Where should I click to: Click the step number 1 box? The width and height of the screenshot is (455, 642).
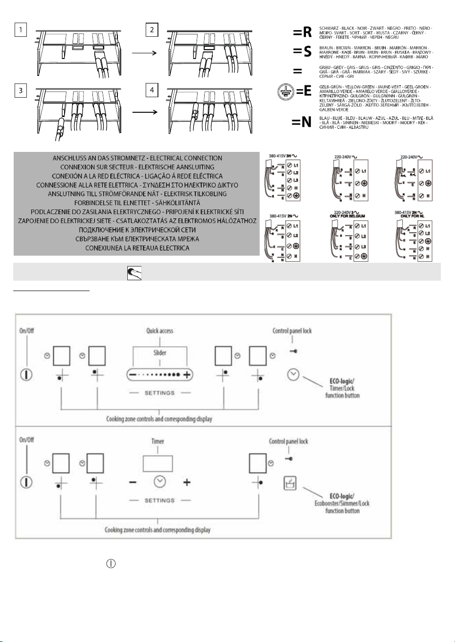pyautogui.click(x=21, y=30)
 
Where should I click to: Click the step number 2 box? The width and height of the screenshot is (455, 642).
pyautogui.click(x=152, y=30)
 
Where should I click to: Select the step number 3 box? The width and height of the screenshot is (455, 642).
pyautogui.click(x=21, y=91)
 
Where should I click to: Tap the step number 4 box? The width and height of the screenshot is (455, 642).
pyautogui.click(x=152, y=90)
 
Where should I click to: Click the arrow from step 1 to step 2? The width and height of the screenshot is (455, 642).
pyautogui.click(x=144, y=53)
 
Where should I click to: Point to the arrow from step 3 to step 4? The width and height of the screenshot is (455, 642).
pyautogui.click(x=144, y=112)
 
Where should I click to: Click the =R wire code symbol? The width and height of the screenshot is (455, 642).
pyautogui.click(x=302, y=32)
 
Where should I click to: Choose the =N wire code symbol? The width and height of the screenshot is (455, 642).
pyautogui.click(x=301, y=122)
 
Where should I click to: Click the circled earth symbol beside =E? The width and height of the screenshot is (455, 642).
pyautogui.click(x=285, y=92)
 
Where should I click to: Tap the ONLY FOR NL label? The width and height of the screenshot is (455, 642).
pyautogui.click(x=412, y=216)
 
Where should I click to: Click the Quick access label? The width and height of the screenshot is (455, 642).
pyautogui.click(x=159, y=331)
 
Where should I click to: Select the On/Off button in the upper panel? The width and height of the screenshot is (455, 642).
pyautogui.click(x=26, y=375)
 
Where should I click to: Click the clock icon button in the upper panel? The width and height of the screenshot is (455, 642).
pyautogui.click(x=293, y=375)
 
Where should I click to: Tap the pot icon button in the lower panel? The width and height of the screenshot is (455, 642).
pyautogui.click(x=290, y=483)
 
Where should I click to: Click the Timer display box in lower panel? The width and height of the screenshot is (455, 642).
pyautogui.click(x=157, y=463)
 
